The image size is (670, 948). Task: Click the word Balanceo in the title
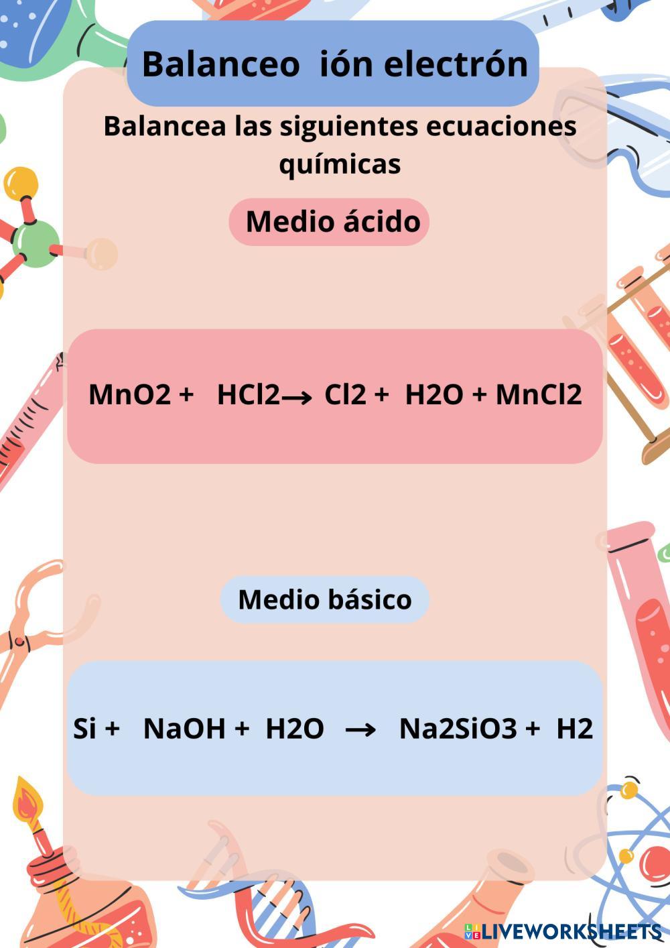[220, 64]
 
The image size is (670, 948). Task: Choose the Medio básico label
[325, 599]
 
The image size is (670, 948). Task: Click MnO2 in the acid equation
[129, 394]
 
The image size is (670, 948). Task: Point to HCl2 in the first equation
[247, 394]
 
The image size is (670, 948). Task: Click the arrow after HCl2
[297, 398]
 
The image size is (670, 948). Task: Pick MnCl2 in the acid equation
[539, 394]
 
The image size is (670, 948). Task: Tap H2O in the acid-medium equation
[433, 394]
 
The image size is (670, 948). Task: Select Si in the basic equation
[84, 728]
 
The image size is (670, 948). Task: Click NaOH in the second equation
[184, 728]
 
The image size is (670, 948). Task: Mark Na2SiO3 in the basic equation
[458, 728]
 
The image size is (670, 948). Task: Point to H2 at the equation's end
[574, 728]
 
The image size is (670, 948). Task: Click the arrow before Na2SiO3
[360, 729]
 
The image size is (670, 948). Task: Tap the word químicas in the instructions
[340, 164]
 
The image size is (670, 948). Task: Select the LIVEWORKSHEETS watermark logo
[563, 931]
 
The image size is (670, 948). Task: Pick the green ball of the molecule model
[35, 243]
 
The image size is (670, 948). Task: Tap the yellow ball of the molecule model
[20, 183]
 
